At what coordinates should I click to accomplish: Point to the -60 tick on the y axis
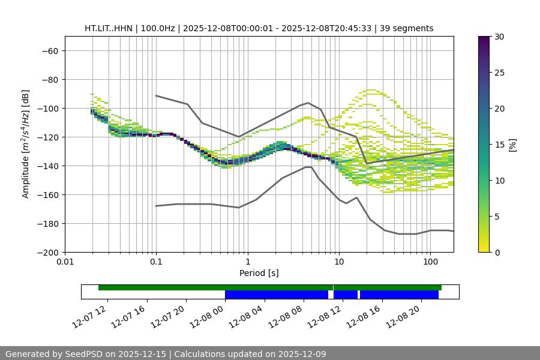[49, 50]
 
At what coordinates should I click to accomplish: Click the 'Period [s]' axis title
[259, 273]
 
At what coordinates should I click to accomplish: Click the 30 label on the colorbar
[499, 37]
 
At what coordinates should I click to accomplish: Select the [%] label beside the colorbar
[512, 144]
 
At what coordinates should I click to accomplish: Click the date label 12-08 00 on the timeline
[208, 315]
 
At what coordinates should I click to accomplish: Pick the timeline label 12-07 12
[90, 315]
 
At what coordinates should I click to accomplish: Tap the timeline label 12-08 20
[404, 315]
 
